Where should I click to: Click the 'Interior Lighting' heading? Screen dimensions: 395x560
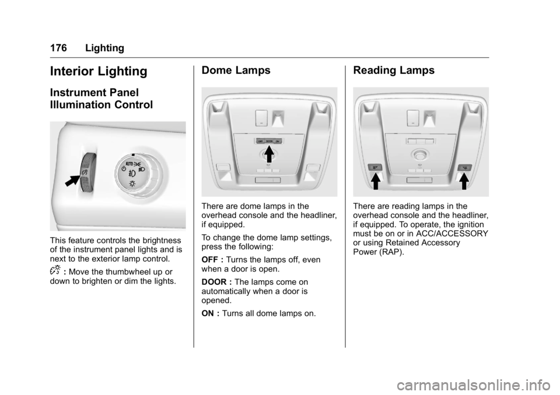[99, 72]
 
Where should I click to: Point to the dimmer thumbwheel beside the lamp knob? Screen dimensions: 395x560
[86, 171]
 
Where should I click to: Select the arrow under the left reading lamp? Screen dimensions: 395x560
[376, 182]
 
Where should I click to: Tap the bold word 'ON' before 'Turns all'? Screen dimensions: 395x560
[207, 313]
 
